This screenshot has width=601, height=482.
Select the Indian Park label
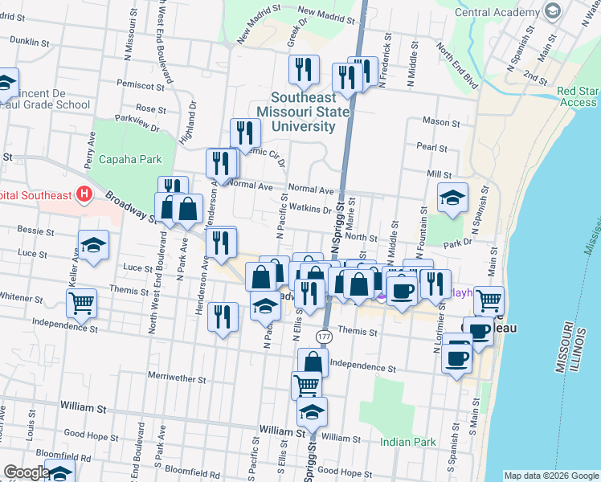(x=407, y=442)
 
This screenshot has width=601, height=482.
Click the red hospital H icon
(x=83, y=194)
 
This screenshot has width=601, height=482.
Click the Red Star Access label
(x=577, y=97)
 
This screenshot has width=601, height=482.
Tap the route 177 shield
(x=324, y=335)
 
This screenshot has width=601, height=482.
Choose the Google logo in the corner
(x=27, y=472)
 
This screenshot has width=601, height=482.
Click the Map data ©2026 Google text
(x=551, y=476)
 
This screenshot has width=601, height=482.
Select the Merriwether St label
(x=177, y=376)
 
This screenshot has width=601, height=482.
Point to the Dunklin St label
(x=31, y=40)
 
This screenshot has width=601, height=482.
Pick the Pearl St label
(x=431, y=148)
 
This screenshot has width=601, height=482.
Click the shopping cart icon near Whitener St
(x=81, y=303)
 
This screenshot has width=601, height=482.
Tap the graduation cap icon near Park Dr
(x=452, y=198)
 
